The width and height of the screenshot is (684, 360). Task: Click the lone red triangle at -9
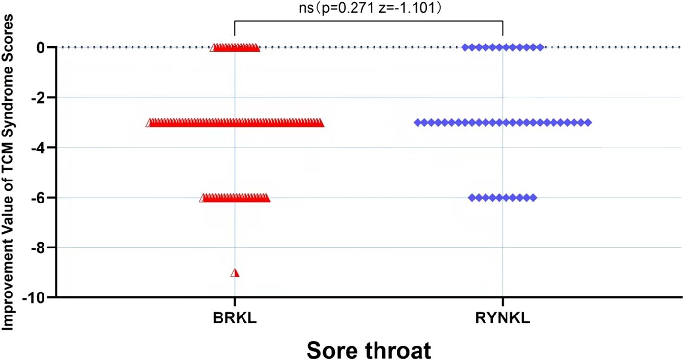pos(235,273)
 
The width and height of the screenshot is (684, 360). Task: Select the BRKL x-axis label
pos(235,318)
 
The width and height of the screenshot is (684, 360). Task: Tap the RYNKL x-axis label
pos(502,318)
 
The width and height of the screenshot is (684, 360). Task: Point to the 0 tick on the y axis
pos(42,47)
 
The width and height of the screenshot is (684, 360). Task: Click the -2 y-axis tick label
pos(40,98)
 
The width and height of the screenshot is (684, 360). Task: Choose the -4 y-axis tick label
pos(40,148)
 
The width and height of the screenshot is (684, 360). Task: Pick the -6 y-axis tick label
pos(40,198)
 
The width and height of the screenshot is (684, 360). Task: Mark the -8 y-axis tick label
pos(40,247)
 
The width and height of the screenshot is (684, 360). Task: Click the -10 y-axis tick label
pos(37,297)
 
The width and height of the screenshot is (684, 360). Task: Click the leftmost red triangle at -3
pos(149,123)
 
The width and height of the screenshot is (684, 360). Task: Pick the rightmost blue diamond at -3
pos(588,122)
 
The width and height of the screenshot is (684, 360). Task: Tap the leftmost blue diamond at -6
pos(472,198)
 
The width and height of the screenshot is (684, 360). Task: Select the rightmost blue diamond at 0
pos(540,47)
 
